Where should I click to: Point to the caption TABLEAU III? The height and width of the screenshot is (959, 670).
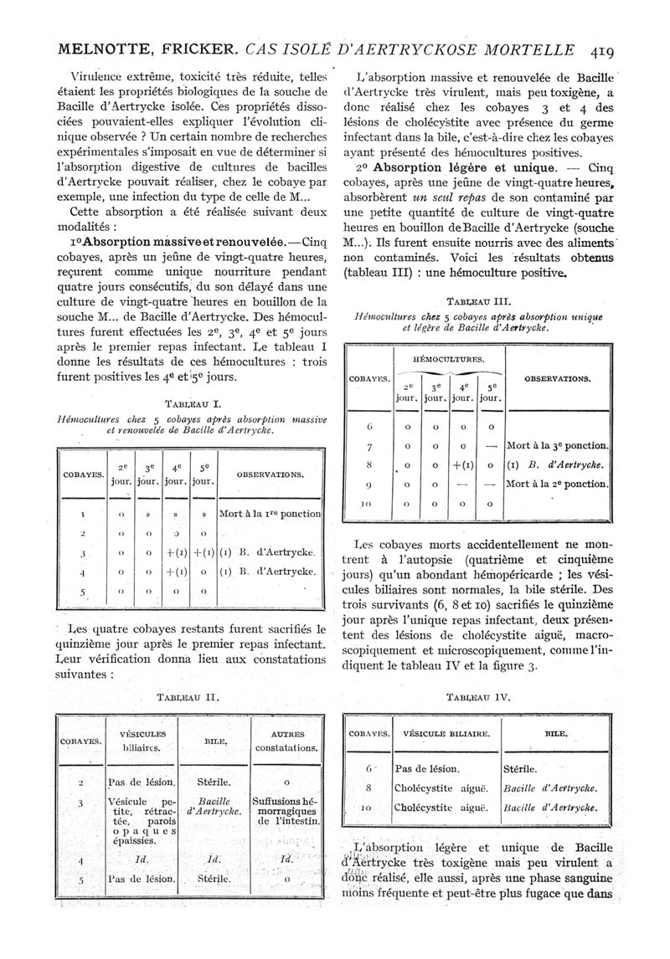click(479, 302)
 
